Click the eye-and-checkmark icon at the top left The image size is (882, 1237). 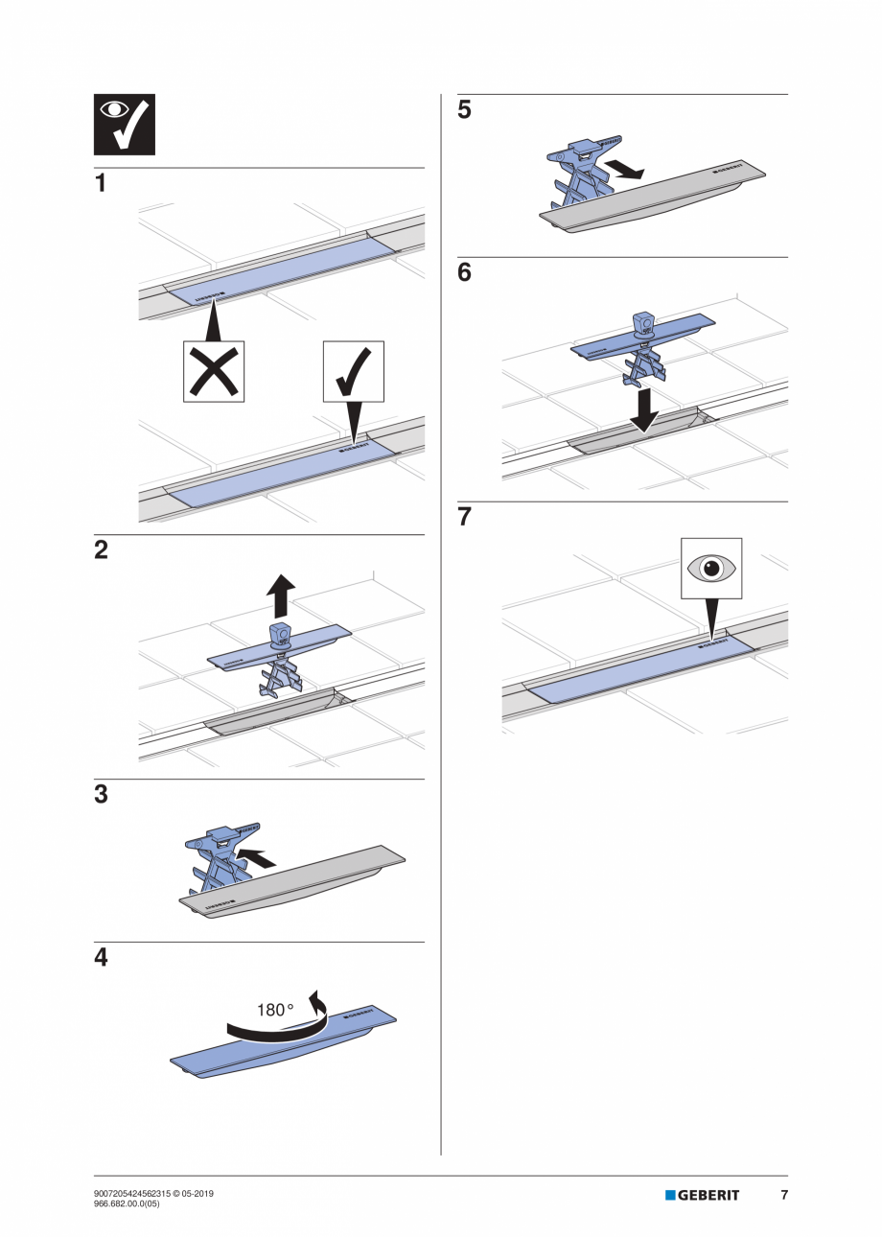coord(124,125)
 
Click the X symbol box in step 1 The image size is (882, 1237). coord(213,371)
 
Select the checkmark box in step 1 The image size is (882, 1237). coord(353,371)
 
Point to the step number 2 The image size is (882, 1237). coord(101,550)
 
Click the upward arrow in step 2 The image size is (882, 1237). coord(281,595)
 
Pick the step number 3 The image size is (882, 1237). coord(101,795)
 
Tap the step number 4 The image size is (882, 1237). coord(101,958)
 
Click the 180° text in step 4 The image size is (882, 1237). coord(275,1010)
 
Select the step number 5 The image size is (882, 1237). coord(464,110)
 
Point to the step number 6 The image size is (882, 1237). coord(464,273)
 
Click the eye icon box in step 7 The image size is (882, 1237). coord(710,569)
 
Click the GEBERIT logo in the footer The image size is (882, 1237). coord(703,1195)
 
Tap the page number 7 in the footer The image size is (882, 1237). coord(784,1195)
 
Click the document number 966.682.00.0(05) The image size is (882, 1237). coord(127,1203)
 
